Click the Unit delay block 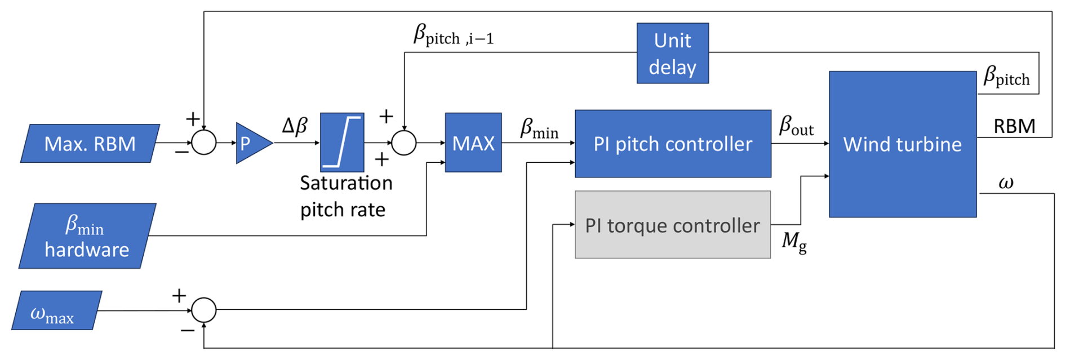[x=672, y=54]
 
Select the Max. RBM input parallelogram [x=90, y=144]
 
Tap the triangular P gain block [x=251, y=143]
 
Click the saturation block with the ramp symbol [x=342, y=143]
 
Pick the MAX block [x=473, y=143]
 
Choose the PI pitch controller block [x=673, y=144]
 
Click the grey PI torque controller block [x=672, y=225]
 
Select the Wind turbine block [x=902, y=144]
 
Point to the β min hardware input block [x=87, y=236]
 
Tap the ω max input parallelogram [x=56, y=310]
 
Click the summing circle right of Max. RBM [x=204, y=143]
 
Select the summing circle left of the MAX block [x=404, y=143]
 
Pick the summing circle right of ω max [x=204, y=309]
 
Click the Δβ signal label [x=295, y=126]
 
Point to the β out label [x=796, y=126]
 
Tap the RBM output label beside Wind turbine [x=1014, y=126]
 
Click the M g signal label [x=794, y=242]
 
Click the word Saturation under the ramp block [x=346, y=183]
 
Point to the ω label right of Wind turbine [x=1006, y=183]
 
